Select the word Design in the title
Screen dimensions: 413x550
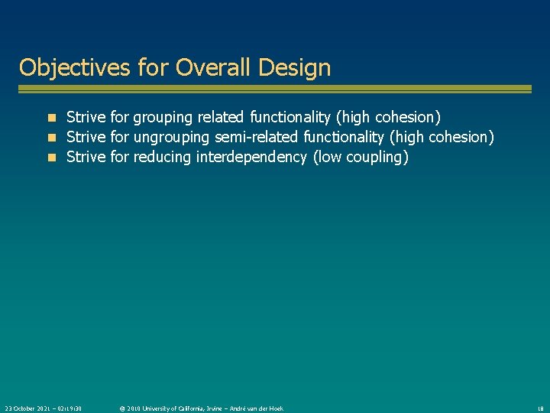[x=295, y=67]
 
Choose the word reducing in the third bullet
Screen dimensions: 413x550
[x=163, y=158]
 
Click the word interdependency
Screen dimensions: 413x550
[x=251, y=158]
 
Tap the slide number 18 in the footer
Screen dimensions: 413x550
[x=539, y=408]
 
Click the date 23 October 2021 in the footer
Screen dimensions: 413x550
[x=29, y=408]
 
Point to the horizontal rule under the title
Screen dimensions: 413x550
[x=275, y=89]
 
